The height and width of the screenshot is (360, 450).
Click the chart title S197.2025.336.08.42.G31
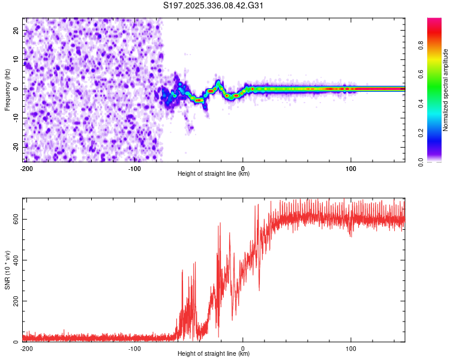pyautogui.click(x=214, y=6)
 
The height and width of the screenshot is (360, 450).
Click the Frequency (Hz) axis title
pyautogui.click(x=7, y=89)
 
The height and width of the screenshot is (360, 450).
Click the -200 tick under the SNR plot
pyautogui.click(x=26, y=348)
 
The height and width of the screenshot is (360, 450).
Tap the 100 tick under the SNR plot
pyautogui.click(x=351, y=348)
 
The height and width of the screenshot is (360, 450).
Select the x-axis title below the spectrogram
pyautogui.click(x=214, y=174)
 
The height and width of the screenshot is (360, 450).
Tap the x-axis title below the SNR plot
pyautogui.click(x=214, y=354)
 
